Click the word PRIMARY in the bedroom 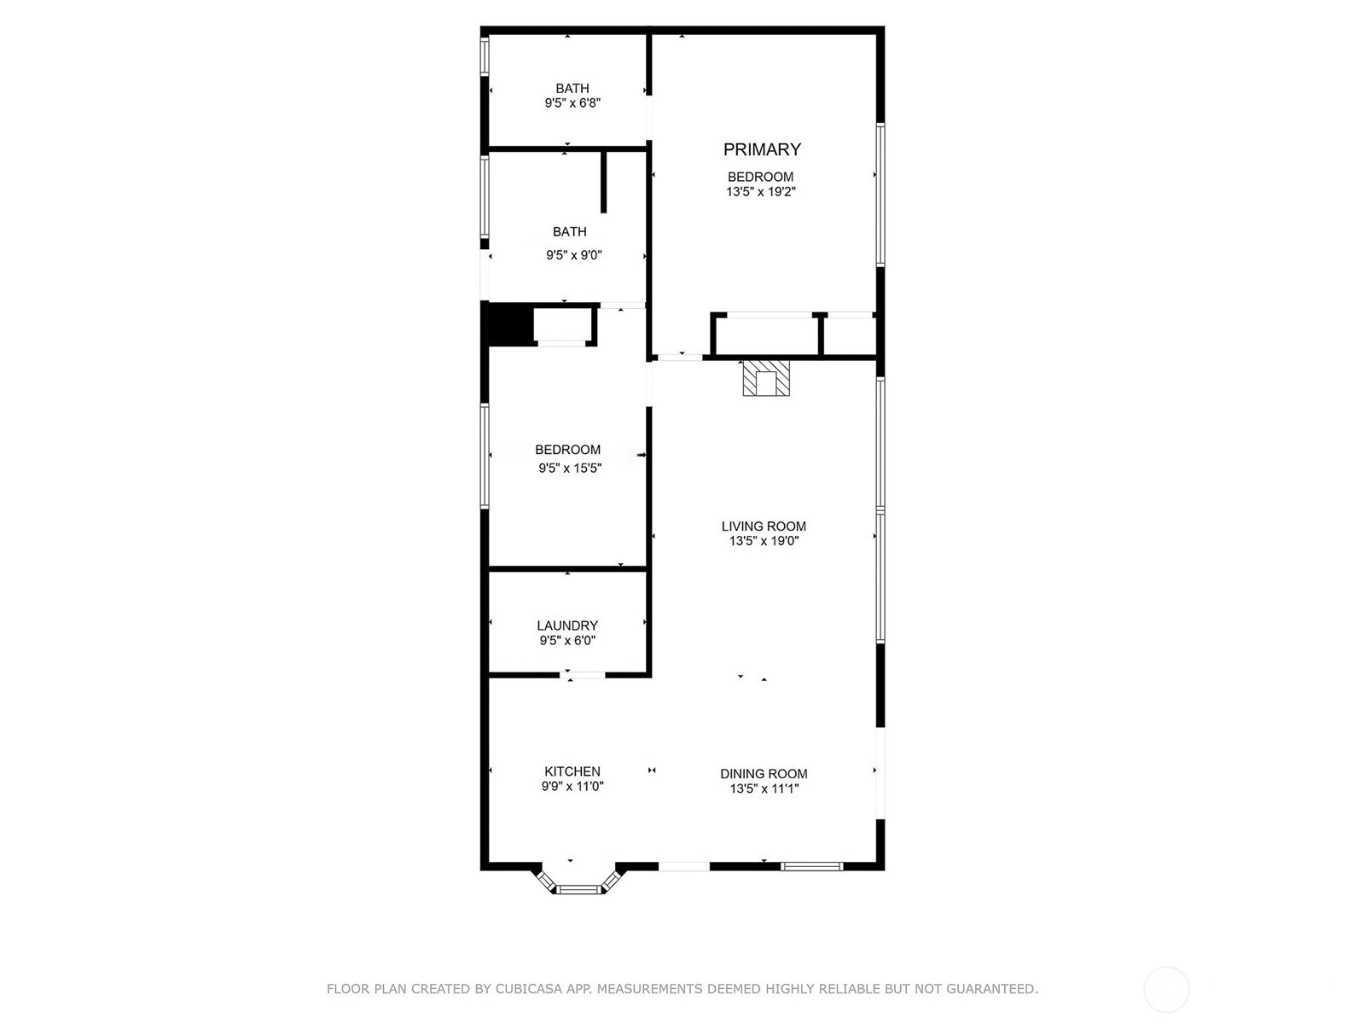tap(762, 149)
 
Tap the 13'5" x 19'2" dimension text tap(761, 192)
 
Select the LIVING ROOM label tap(764, 527)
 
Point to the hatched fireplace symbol tap(767, 378)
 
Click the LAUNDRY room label tap(567, 625)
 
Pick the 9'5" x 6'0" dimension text tap(567, 641)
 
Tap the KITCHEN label tap(572, 771)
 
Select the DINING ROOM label tap(764, 774)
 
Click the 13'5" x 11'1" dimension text tap(764, 789)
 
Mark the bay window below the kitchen tap(579, 887)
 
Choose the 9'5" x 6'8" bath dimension tap(572, 103)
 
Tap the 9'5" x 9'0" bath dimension tap(574, 255)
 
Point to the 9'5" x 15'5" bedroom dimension tap(570, 468)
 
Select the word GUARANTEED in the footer tap(991, 989)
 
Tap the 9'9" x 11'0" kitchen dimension tap(572, 787)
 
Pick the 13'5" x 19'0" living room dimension tap(764, 541)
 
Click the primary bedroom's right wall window tap(880, 195)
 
